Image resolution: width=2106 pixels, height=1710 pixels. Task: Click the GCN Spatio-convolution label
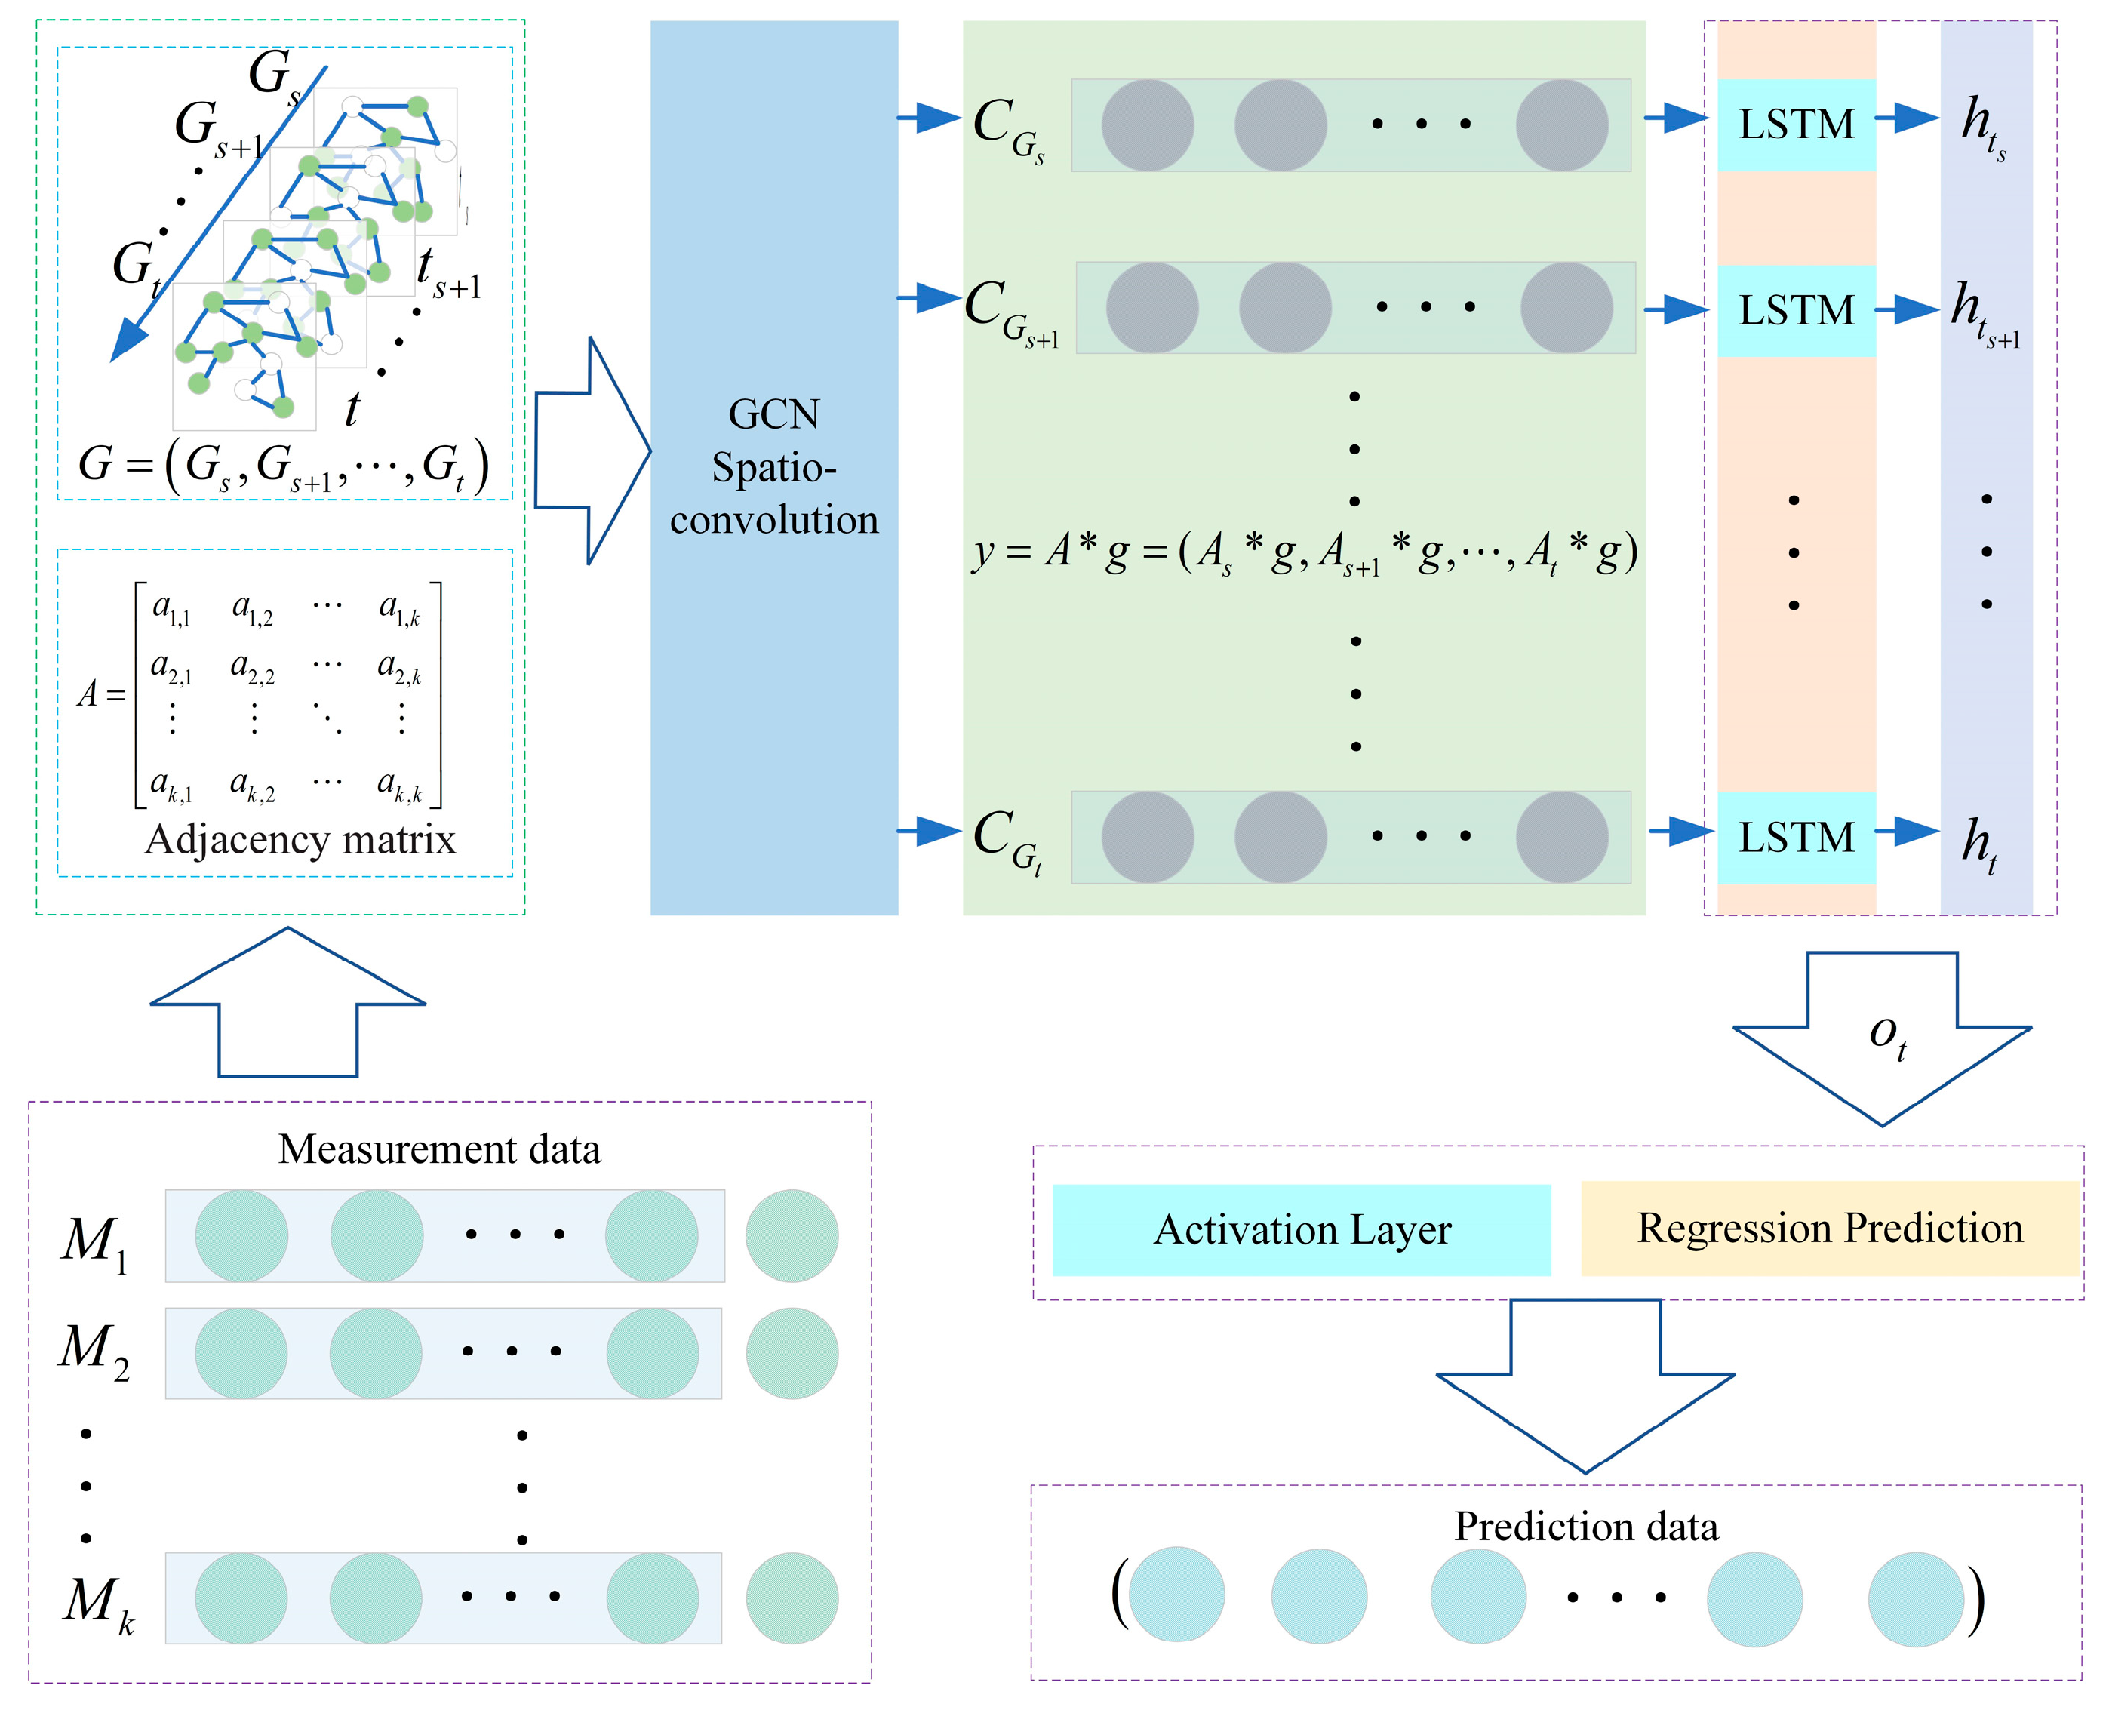pyautogui.click(x=773, y=467)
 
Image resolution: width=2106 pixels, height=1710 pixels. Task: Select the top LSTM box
pyautogui.click(x=1796, y=125)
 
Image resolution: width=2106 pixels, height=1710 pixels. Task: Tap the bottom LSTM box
pyautogui.click(x=1796, y=838)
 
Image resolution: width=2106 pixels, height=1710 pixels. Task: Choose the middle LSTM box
pyautogui.click(x=1796, y=310)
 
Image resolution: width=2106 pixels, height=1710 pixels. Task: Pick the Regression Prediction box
pyautogui.click(x=1829, y=1229)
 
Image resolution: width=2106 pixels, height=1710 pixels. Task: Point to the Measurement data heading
pyautogui.click(x=439, y=1149)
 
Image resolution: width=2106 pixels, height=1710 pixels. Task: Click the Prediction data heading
pyautogui.click(x=1586, y=1527)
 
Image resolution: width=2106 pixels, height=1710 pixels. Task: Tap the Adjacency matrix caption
pyautogui.click(x=300, y=840)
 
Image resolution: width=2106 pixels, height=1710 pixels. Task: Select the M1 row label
pyautogui.click(x=94, y=1242)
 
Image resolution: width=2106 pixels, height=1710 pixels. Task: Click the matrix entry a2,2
pyautogui.click(x=252, y=669)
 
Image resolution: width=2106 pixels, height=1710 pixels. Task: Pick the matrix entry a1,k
pyautogui.click(x=400, y=610)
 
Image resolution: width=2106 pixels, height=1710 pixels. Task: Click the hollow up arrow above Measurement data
pyautogui.click(x=287, y=1004)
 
